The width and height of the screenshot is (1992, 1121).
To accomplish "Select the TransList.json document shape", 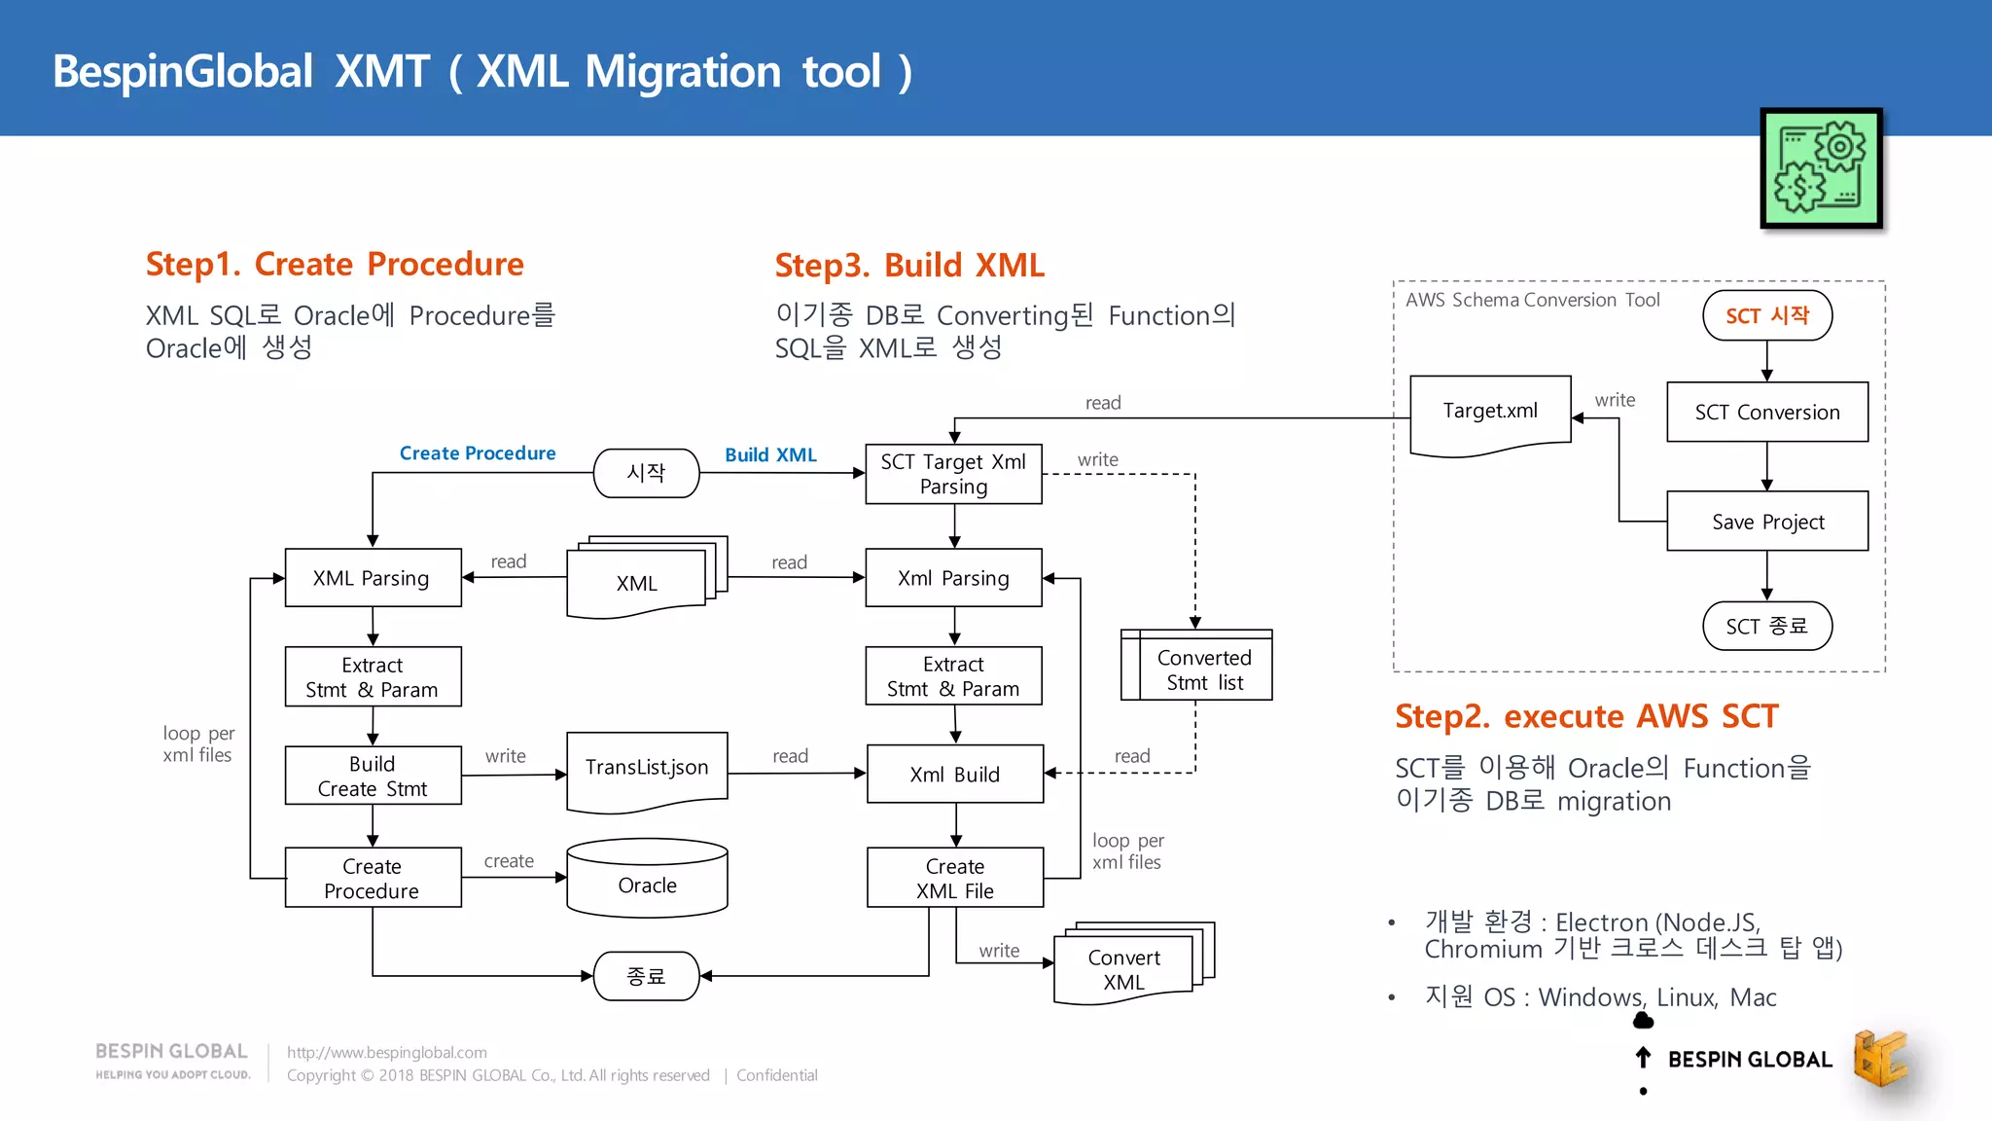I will pyautogui.click(x=647, y=770).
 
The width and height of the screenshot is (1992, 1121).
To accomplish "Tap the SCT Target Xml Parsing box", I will pyautogui.click(x=953, y=474).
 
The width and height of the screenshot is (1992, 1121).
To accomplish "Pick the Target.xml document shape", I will pyautogui.click(x=1490, y=413).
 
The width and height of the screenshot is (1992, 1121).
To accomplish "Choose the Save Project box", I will pyautogui.click(x=1767, y=522).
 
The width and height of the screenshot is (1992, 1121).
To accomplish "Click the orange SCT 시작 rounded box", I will pyautogui.click(x=1767, y=315).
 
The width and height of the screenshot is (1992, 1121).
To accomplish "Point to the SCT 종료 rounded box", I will pyautogui.click(x=1767, y=626).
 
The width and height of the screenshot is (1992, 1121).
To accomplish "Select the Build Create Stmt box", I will pyautogui.click(x=373, y=776).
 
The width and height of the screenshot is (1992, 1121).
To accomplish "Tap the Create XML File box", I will pyautogui.click(x=954, y=878).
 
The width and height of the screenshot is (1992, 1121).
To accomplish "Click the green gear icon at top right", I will pyautogui.click(x=1821, y=168).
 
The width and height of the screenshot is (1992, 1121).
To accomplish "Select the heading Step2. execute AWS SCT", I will pyautogui.click(x=1585, y=716).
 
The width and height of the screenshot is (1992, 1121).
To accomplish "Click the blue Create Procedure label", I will pyautogui.click(x=478, y=453).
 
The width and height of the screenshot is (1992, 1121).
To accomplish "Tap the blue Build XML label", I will pyautogui.click(x=770, y=454).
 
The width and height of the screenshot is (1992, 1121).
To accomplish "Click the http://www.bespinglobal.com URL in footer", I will pyautogui.click(x=386, y=1052).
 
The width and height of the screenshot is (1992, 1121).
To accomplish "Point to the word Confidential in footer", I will pyautogui.click(x=776, y=1075).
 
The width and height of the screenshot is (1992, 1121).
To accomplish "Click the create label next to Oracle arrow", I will pyautogui.click(x=509, y=861).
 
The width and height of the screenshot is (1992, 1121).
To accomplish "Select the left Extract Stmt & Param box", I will pyautogui.click(x=373, y=677).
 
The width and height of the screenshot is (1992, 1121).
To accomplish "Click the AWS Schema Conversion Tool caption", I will pyautogui.click(x=1532, y=300).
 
